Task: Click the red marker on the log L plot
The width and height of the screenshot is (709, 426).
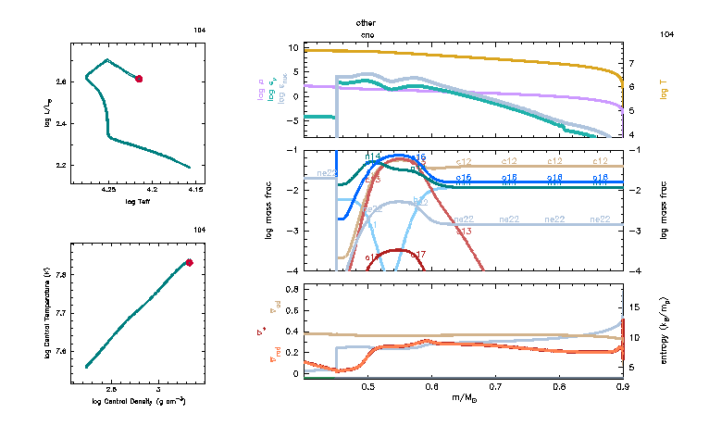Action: pyautogui.click(x=139, y=79)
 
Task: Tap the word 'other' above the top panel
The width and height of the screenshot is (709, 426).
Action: pyautogui.click(x=367, y=21)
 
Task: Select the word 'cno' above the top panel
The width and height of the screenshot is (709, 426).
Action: pyautogui.click(x=367, y=34)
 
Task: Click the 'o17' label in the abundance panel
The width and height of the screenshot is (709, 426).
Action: pyautogui.click(x=417, y=255)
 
